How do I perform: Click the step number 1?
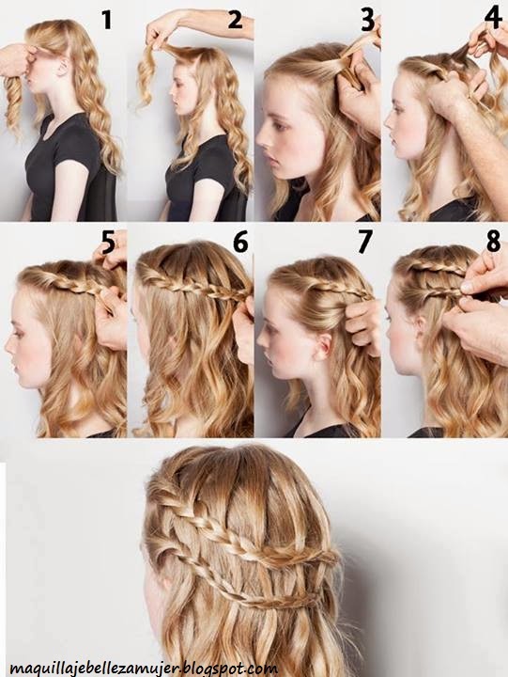pyautogui.click(x=106, y=20)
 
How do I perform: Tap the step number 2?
pyautogui.click(x=235, y=20)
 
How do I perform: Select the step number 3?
pyautogui.click(x=367, y=21)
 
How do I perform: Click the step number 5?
pyautogui.click(x=108, y=244)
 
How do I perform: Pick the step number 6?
pyautogui.click(x=240, y=242)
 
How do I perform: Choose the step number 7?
pyautogui.click(x=365, y=243)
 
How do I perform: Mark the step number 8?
pyautogui.click(x=494, y=242)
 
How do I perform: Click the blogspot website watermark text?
pyautogui.click(x=144, y=668)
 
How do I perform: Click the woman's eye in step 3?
pyautogui.click(x=281, y=126)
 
